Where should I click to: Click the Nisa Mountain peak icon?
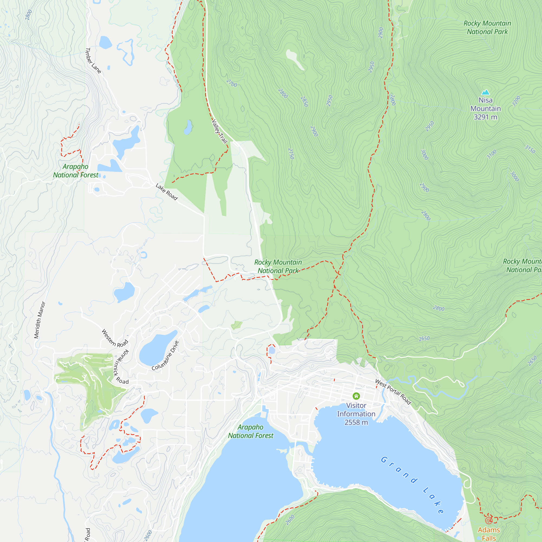pos(486,92)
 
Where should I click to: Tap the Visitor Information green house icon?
pos(356,396)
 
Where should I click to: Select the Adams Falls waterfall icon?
pos(489,521)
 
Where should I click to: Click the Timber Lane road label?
pos(93,61)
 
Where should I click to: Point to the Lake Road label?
pos(167,192)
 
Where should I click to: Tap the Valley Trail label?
pos(220,131)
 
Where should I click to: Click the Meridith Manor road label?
pos(40,320)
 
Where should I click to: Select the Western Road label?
pos(114,338)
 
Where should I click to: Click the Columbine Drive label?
pos(165,355)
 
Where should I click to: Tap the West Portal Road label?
pos(393,392)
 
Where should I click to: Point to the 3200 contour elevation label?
pos(516,101)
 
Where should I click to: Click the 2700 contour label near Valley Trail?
pos(232,83)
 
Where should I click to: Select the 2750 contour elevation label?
pos(291,154)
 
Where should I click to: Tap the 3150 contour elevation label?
pos(530,149)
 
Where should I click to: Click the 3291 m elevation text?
pos(485,117)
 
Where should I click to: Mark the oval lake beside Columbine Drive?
pos(157,347)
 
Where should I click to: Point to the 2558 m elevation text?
pos(356,422)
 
